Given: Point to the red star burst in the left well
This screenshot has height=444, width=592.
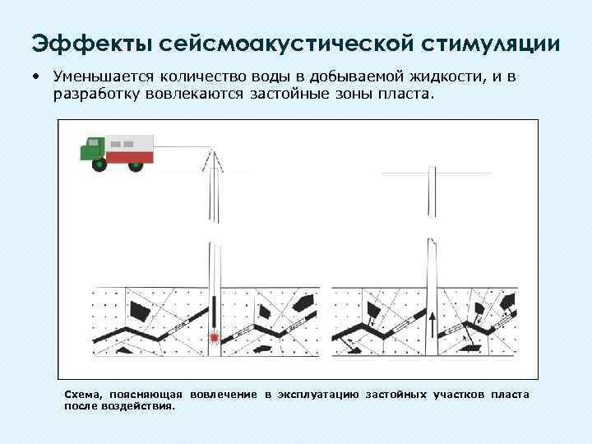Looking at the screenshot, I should point(214,336).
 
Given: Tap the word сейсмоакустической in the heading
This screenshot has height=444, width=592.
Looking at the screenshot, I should point(279,43).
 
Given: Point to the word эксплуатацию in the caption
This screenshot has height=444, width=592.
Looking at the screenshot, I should point(317,395).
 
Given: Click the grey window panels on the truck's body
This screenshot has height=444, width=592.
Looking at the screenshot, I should point(122,143).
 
